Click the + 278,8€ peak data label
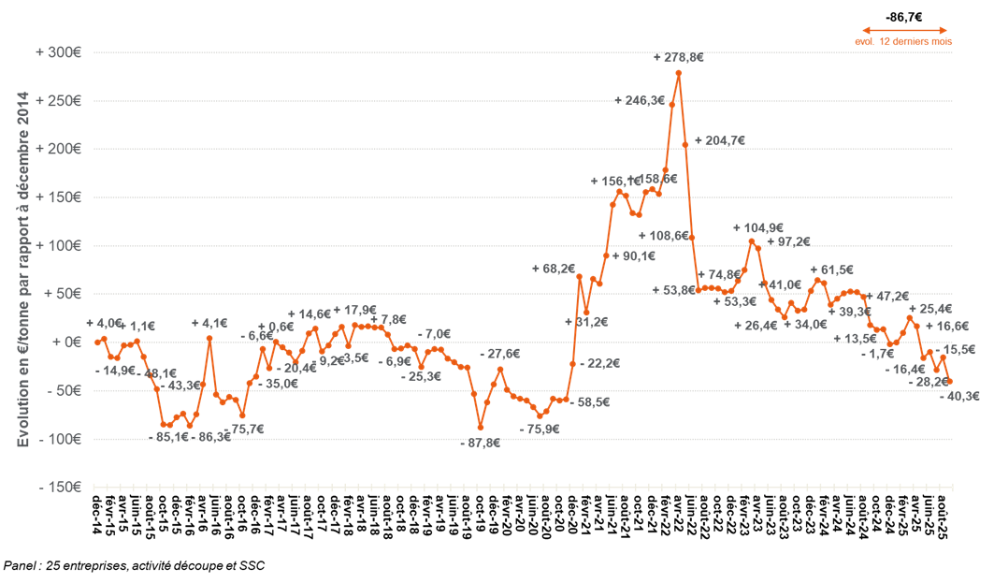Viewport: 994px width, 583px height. tap(678, 57)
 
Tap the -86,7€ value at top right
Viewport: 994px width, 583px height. tap(903, 17)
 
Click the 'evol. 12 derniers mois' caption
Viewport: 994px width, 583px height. tap(903, 42)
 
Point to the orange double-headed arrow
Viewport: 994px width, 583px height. tap(903, 29)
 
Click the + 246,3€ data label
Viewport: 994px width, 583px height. tap(640, 100)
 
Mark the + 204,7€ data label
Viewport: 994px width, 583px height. tap(719, 141)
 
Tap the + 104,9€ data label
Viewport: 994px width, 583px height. tap(758, 227)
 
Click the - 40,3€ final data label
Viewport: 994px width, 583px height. tap(959, 396)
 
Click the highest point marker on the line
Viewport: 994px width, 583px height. tap(678, 73)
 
